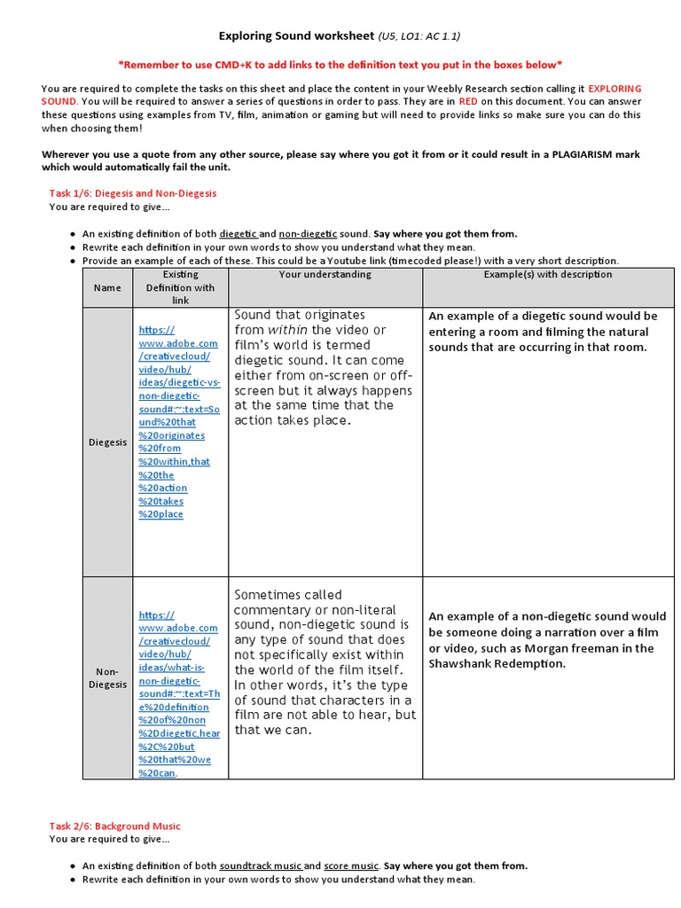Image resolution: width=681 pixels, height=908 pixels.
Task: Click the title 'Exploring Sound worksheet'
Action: [x=296, y=36]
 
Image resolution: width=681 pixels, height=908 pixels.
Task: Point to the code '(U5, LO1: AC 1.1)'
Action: [x=419, y=36]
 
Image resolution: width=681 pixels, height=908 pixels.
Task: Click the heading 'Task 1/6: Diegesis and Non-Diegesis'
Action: [x=132, y=192]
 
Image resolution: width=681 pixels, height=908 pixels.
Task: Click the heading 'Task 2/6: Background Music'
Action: [x=114, y=826]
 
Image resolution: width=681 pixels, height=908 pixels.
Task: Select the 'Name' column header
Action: [x=106, y=287]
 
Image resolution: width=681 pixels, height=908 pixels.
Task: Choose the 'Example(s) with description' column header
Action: [x=548, y=275]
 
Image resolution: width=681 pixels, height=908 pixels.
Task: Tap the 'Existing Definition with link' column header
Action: [x=180, y=287]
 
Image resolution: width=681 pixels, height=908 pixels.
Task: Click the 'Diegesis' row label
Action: [x=107, y=442]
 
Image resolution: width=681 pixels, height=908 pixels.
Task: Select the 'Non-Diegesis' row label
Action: [x=107, y=678]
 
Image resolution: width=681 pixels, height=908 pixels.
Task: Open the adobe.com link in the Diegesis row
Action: [x=177, y=422]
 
